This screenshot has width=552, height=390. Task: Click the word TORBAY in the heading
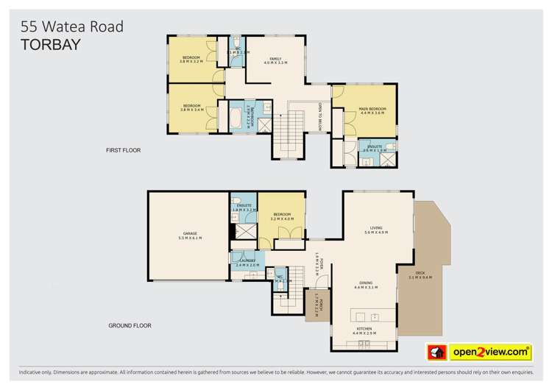50,43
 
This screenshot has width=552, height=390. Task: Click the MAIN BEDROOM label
372,110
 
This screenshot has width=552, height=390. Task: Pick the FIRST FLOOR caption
123,150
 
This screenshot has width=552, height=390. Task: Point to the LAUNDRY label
245,260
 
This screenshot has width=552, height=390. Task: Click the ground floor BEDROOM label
282,214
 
